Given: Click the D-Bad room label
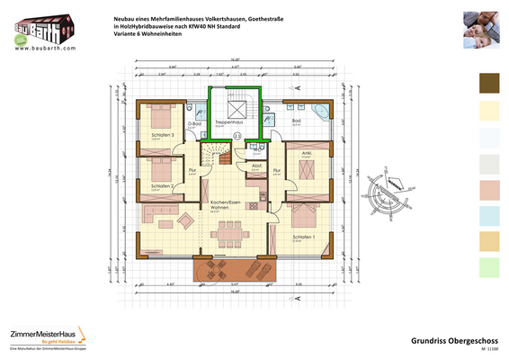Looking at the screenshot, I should pyautogui.click(x=208, y=123).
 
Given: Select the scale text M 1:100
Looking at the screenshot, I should pyautogui.click(x=487, y=349).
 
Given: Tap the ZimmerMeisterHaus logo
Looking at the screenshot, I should pyautogui.click(x=43, y=334).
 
